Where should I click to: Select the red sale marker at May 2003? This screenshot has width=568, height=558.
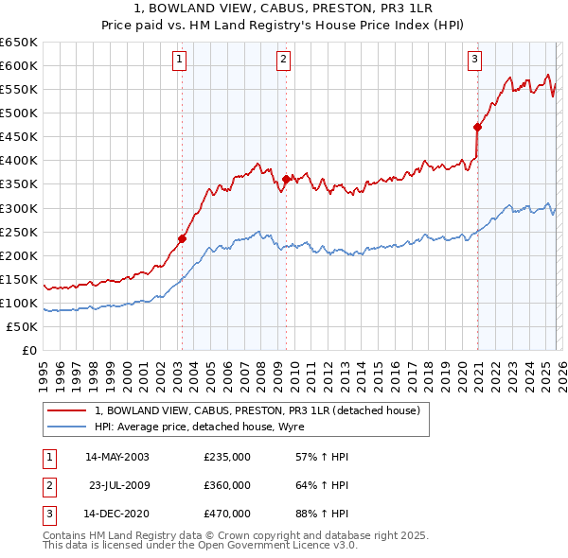tap(182, 238)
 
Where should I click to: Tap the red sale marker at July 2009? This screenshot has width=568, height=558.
tap(285, 179)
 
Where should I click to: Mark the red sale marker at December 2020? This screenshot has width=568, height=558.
tap(477, 127)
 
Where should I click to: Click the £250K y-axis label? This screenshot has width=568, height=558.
tap(19, 232)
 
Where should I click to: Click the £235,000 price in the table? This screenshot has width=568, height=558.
tap(227, 457)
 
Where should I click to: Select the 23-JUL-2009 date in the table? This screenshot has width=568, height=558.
tap(117, 485)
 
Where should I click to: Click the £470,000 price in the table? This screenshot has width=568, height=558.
tap(227, 514)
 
